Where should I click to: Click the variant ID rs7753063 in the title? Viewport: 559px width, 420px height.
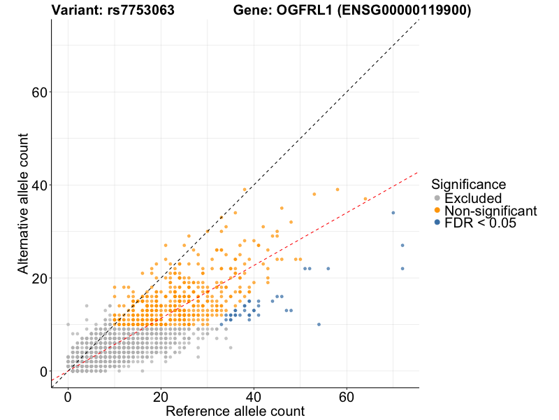coord(133,10)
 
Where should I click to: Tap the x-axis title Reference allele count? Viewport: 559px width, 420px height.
coord(235,411)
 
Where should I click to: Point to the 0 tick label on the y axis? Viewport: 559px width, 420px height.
coord(45,371)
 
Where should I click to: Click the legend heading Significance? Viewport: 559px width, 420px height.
coord(468,185)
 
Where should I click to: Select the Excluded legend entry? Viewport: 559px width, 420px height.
coord(473,198)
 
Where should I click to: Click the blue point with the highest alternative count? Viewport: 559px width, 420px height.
coord(393,213)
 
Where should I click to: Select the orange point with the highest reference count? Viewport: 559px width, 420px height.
coord(365,199)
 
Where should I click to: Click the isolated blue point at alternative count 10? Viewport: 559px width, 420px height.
coord(319,325)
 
